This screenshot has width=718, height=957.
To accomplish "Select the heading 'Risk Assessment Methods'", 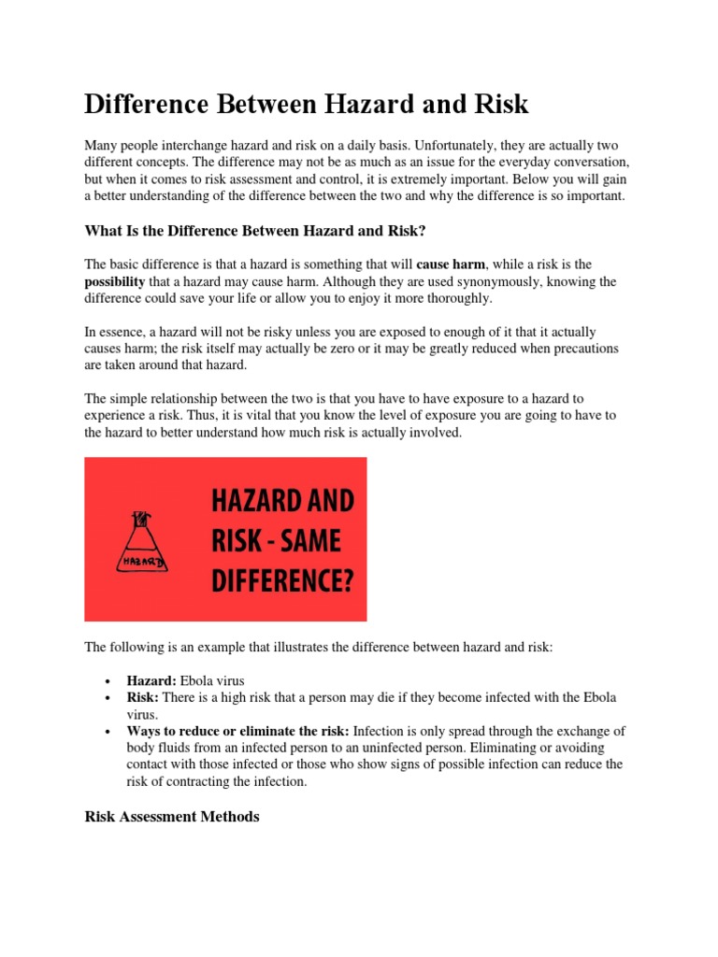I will point(172,816).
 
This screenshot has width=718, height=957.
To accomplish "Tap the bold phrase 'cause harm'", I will point(450,264).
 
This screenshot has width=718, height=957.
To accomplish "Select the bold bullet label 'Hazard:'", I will point(151,681).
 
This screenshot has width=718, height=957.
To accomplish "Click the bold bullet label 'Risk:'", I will point(142,698).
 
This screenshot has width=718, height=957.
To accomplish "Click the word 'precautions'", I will point(561,350).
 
